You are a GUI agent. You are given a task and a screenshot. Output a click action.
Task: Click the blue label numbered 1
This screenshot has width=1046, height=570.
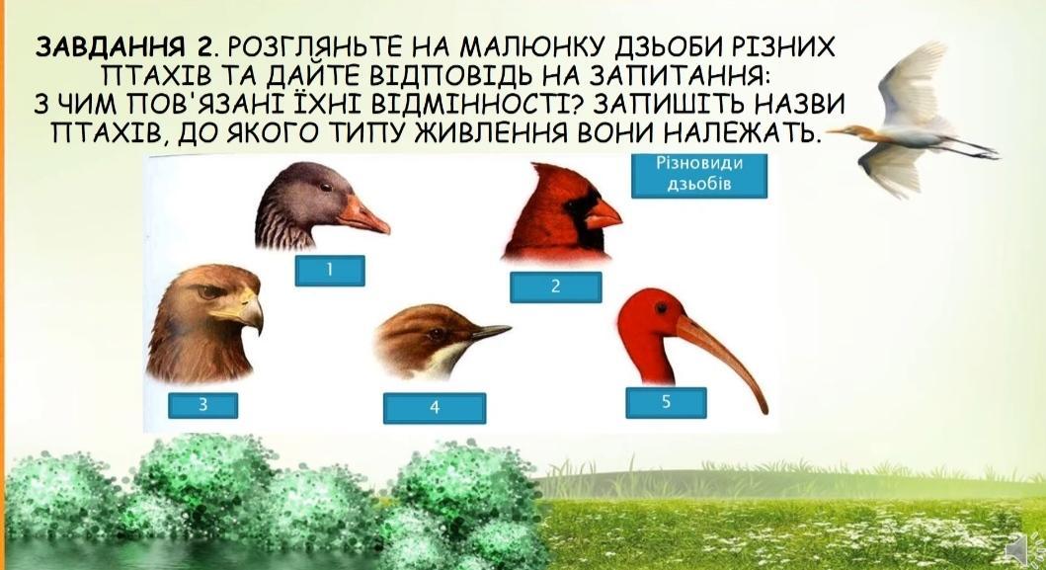[330, 271]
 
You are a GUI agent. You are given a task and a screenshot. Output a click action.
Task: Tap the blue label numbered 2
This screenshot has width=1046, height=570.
[556, 287]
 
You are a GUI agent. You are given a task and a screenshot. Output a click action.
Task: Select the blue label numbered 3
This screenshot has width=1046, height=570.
[202, 405]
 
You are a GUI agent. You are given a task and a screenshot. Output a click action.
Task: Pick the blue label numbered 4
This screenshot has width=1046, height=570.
[435, 408]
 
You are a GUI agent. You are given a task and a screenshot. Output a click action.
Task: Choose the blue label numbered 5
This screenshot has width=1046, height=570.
[666, 402]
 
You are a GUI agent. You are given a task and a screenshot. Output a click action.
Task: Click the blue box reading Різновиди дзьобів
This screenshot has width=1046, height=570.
[699, 175]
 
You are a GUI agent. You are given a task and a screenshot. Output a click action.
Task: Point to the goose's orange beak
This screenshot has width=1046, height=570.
[363, 215]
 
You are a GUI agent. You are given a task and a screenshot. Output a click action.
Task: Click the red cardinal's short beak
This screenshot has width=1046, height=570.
[603, 212]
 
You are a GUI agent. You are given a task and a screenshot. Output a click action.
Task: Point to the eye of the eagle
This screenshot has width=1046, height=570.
[210, 291]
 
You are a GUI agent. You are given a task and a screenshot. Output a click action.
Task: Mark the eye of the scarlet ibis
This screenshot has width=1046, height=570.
[661, 308]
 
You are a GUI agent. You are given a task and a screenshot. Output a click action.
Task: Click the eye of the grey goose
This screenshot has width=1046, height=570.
[325, 188]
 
